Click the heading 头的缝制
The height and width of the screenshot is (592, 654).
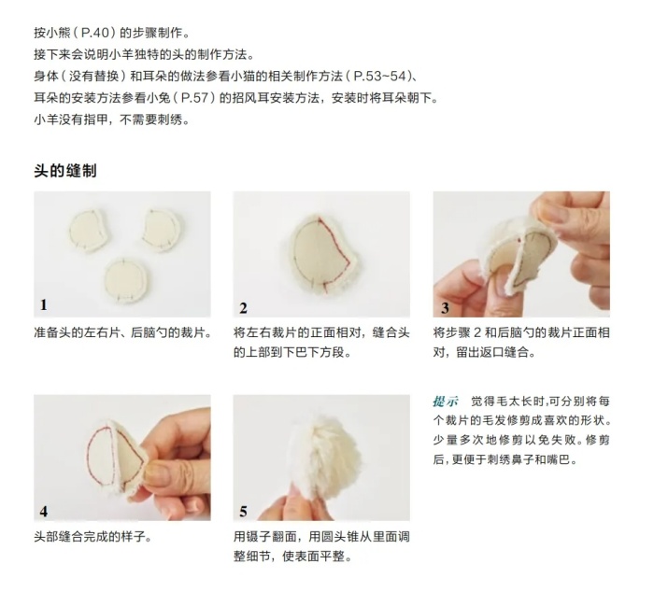tap(65, 171)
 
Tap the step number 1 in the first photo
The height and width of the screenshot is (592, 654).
tap(44, 305)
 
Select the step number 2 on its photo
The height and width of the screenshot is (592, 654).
tap(243, 308)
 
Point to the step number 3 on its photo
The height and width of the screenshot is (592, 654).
tap(445, 308)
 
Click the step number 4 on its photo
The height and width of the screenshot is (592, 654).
tap(44, 511)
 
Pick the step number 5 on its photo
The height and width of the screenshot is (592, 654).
tap(243, 511)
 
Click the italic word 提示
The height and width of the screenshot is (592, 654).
tap(445, 402)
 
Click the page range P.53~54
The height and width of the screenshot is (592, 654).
tap(379, 77)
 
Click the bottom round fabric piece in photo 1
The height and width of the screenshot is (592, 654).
tap(126, 280)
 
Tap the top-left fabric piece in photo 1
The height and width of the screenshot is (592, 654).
tap(89, 231)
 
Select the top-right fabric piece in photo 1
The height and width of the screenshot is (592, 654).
tap(162, 230)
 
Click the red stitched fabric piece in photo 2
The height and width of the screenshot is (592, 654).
tap(323, 254)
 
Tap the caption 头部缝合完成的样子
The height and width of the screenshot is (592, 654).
tap(92, 536)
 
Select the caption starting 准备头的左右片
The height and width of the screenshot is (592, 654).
tap(123, 332)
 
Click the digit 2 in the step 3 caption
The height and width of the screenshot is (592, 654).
tap(478, 332)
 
